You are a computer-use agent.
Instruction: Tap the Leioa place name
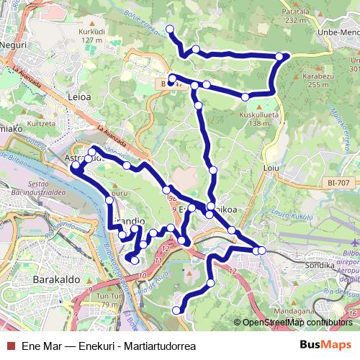click(79, 94)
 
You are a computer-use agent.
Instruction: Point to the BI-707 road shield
click(336, 184)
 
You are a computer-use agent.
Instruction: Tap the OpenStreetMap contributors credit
click(297, 323)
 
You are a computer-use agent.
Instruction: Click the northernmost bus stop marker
click(171, 29)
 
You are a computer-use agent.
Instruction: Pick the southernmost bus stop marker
click(177, 310)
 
